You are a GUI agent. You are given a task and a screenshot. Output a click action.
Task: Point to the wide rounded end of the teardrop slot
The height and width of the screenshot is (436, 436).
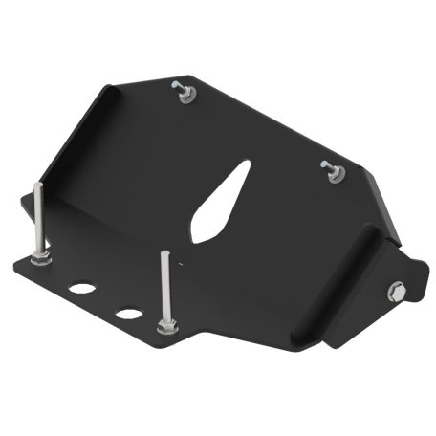click(203, 229)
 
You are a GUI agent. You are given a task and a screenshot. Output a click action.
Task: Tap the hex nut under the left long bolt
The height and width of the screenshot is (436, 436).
click(42, 257)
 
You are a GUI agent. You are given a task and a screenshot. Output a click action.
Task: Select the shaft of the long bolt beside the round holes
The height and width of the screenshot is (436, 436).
click(165, 287)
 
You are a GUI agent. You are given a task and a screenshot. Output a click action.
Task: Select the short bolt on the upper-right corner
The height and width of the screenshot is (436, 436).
click(331, 168)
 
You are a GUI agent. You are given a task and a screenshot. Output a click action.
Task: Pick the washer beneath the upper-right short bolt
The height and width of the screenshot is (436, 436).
click(335, 177)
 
